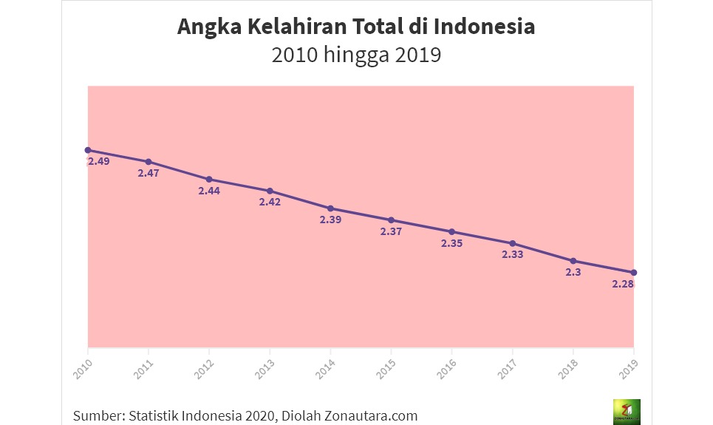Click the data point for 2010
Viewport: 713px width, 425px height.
coord(88,150)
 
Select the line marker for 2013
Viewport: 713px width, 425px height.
coord(270,191)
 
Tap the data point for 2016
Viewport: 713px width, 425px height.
coord(451,231)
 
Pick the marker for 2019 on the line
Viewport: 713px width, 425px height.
coord(634,273)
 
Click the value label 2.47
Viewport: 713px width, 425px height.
coord(149,173)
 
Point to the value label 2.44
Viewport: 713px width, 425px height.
coord(209,191)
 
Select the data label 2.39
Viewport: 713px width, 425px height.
coord(330,220)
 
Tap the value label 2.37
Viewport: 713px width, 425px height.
coord(391,231)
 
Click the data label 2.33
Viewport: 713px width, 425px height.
coord(512,255)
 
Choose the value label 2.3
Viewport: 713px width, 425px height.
coord(573,272)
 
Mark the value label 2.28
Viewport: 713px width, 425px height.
coord(623,284)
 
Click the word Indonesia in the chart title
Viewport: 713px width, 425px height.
coord(484,27)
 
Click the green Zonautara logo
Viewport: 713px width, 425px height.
coord(627,412)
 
